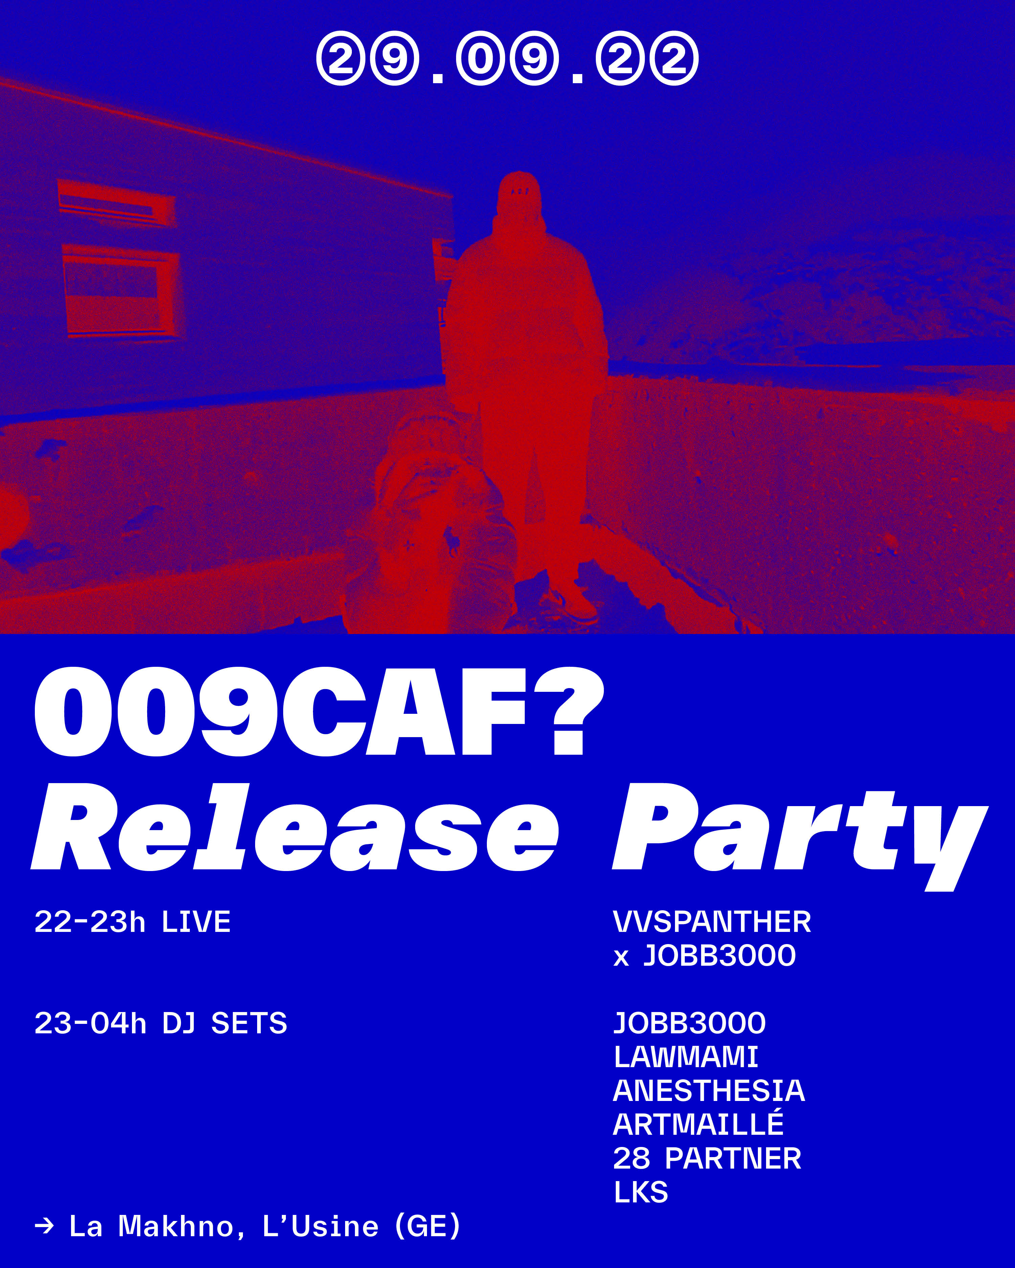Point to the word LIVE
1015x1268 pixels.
[x=196, y=922]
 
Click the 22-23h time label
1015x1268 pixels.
[x=89, y=922]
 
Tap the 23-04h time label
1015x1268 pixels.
[x=90, y=1023]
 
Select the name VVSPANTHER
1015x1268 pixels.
[x=712, y=922]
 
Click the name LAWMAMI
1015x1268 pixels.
[x=685, y=1057]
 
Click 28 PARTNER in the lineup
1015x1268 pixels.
[x=707, y=1158]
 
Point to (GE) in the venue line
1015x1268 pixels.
[x=428, y=1226]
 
